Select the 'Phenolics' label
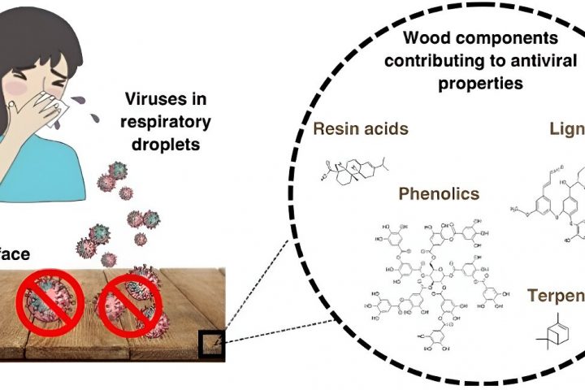click(439, 195)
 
